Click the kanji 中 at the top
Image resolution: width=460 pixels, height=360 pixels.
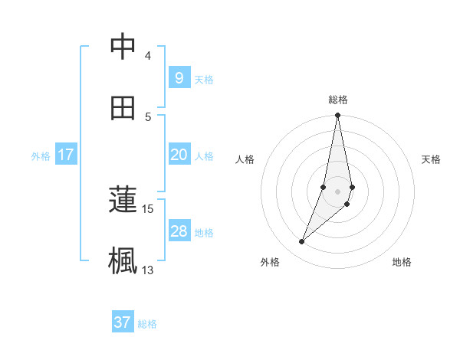coord(123,47)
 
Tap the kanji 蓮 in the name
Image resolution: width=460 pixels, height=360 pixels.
coord(123,201)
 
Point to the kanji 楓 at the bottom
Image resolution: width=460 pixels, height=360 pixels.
coord(123,260)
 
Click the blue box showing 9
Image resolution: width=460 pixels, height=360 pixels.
coord(179,77)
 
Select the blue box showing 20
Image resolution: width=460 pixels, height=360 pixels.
coord(179,155)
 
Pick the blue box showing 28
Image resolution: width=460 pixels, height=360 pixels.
coord(179,231)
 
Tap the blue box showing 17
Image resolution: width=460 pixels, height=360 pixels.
coord(66,155)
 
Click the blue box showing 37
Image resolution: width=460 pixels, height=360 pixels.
coord(123,322)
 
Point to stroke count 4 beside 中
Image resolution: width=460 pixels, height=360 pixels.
coord(148,56)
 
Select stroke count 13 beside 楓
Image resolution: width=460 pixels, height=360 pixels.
coord(148,270)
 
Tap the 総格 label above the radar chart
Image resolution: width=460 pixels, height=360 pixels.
coord(338,100)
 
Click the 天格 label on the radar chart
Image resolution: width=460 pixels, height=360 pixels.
coord(432,159)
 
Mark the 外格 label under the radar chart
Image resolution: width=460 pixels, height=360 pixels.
coord(270,262)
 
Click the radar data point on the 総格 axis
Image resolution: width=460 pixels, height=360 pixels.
coord(338,116)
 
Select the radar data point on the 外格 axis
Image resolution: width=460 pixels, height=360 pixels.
coord(302,242)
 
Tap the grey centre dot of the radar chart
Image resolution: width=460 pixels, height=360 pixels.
coord(338,191)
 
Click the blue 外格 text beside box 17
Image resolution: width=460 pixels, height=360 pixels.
coord(41,155)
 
